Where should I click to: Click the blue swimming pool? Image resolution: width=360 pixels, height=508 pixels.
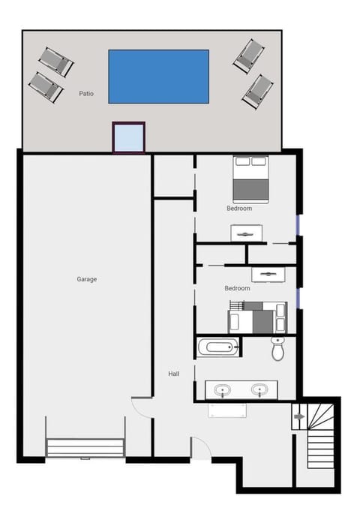(159, 77)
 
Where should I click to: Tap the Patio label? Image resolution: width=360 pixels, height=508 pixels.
(86, 94)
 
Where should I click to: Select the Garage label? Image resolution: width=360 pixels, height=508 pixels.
(87, 279)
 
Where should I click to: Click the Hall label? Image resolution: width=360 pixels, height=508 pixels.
(174, 374)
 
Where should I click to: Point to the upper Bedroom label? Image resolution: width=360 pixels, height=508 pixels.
(239, 209)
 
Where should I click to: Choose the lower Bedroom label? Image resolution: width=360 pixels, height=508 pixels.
(237, 288)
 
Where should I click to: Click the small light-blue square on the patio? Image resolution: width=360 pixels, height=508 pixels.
(128, 137)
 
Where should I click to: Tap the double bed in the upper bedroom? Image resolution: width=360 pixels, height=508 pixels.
(251, 179)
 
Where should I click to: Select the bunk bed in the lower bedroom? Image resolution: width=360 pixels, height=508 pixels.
(258, 317)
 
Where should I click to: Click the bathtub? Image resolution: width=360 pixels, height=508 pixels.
(218, 347)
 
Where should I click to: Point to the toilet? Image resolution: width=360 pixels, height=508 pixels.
(277, 349)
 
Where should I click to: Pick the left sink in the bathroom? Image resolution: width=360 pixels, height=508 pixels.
(223, 389)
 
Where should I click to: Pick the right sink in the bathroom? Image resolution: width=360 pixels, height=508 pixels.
(259, 389)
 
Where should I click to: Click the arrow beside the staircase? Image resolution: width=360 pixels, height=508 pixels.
(300, 416)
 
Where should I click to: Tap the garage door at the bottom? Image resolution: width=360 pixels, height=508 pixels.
(85, 448)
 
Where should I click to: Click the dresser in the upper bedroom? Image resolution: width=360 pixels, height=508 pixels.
(246, 233)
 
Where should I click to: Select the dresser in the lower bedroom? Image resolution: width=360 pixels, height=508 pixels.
(268, 275)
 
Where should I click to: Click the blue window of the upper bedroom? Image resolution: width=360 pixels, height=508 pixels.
(299, 225)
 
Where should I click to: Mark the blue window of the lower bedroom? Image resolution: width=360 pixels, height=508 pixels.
(299, 299)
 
